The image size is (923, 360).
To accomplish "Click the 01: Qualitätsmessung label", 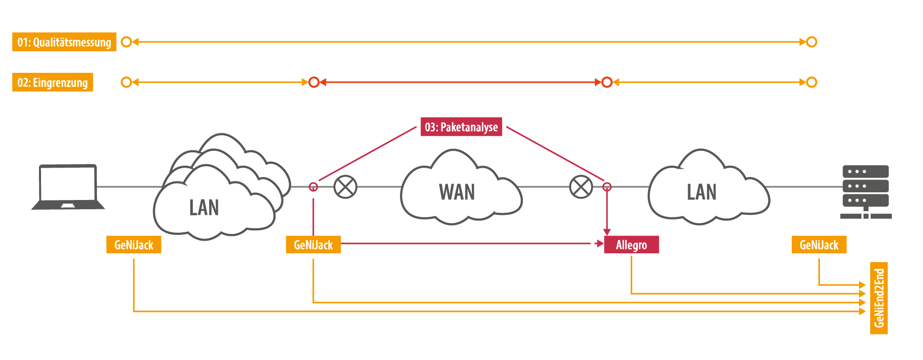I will (x=64, y=42).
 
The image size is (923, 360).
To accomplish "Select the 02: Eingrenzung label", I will (x=52, y=83).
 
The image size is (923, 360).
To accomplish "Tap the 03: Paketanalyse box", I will (x=461, y=127).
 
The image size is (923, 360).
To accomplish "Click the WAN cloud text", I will (x=457, y=192).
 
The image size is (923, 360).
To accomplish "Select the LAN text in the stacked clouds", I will (x=204, y=208).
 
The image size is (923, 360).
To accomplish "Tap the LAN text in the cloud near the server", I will (x=701, y=192).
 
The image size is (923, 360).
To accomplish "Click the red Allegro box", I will (x=631, y=245).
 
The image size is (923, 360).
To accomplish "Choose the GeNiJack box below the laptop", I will (x=134, y=245).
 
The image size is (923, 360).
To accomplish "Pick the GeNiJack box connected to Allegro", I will (x=313, y=245).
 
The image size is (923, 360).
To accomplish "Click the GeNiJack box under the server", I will (x=819, y=245).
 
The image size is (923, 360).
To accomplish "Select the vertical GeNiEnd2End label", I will (x=879, y=298).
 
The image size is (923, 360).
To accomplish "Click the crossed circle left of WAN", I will (x=346, y=187).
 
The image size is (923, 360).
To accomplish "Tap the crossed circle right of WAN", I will (x=581, y=187).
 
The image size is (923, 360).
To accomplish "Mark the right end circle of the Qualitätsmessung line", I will (x=811, y=42).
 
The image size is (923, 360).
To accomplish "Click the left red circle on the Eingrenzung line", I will (x=314, y=82).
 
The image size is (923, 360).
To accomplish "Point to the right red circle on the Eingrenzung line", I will (x=607, y=82).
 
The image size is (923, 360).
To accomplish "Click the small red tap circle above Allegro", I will (x=607, y=187).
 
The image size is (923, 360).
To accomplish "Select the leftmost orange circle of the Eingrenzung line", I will (x=126, y=82).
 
